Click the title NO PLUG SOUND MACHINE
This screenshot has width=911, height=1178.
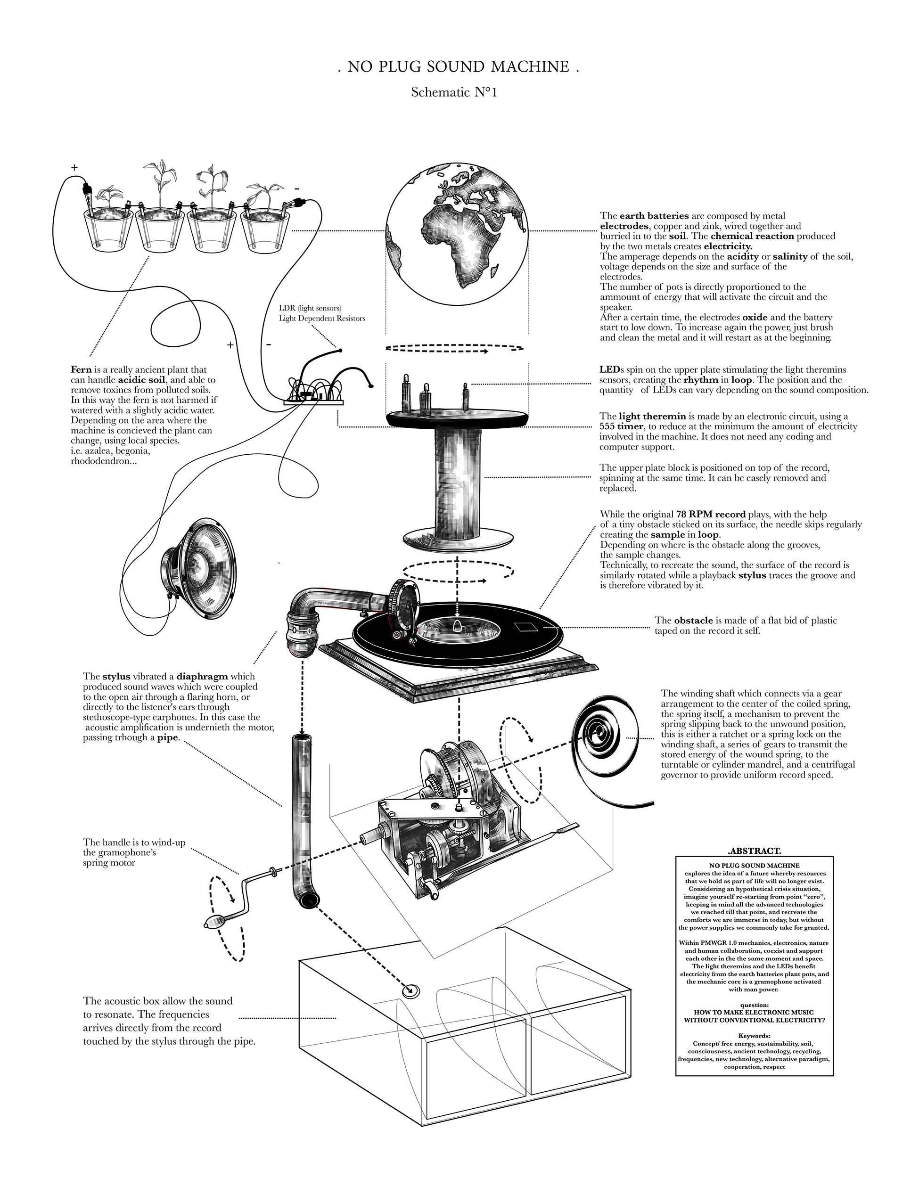[x=458, y=67]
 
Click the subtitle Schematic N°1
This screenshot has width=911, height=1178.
[x=453, y=92]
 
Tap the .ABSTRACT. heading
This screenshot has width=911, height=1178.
[x=754, y=851]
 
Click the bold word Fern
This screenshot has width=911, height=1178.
[x=81, y=370]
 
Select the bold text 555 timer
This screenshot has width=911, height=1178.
[x=621, y=426]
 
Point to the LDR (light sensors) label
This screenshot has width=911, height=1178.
[x=310, y=308]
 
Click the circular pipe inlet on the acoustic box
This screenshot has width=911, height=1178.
[x=410, y=991]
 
